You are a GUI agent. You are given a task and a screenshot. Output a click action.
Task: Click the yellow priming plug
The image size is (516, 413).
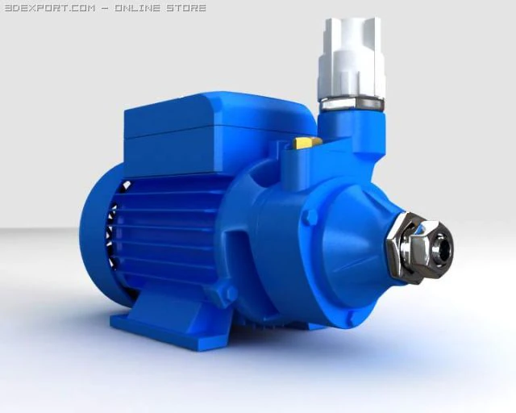pos(307,143)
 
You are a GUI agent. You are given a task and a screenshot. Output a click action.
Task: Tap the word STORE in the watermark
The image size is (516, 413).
pos(184,8)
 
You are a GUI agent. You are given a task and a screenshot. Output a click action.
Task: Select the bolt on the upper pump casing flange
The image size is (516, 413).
pos(309,216)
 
